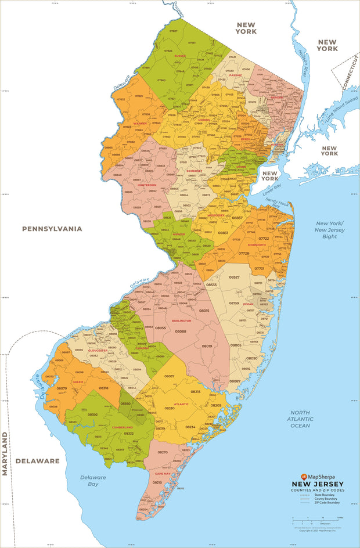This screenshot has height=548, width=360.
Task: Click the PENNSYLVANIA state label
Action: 52,229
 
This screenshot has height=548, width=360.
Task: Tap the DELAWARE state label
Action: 37,461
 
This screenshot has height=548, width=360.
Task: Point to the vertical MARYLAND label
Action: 5,453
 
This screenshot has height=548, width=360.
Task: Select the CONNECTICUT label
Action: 350,73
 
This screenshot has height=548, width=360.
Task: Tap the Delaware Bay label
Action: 93,480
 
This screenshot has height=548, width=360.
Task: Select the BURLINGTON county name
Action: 181,320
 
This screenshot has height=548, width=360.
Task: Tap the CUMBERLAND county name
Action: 123,427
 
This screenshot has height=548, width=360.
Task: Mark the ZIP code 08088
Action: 181,331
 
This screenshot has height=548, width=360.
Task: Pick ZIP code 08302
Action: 92,414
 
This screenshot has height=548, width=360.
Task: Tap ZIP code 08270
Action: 163,452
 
